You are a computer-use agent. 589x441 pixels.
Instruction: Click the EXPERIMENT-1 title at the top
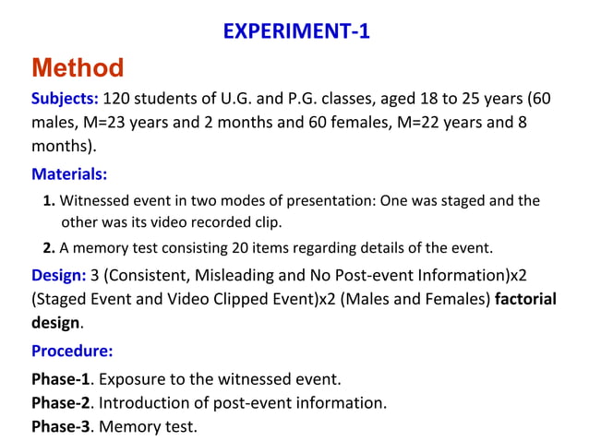point(296,31)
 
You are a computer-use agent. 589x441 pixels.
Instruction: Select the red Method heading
point(78,67)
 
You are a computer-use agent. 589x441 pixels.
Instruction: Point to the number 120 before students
point(117,99)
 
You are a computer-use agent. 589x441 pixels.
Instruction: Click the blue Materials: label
point(69,173)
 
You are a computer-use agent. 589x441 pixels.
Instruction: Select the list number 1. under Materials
point(50,201)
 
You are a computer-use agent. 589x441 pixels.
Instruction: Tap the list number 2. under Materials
point(50,247)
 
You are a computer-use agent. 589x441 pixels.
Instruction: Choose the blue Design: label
point(58,275)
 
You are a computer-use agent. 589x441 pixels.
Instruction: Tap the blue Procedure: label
point(72,351)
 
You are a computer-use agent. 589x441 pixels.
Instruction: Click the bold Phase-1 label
point(63,379)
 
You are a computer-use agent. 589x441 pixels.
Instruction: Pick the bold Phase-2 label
point(63,403)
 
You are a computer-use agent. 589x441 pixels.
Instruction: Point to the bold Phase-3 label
point(63,427)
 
